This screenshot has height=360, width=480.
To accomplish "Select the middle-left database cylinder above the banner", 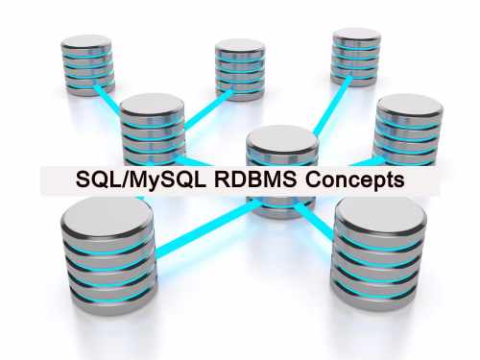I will pyautogui.click(x=154, y=130).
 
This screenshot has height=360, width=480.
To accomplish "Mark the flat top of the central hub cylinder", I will pyautogui.click(x=281, y=138).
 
